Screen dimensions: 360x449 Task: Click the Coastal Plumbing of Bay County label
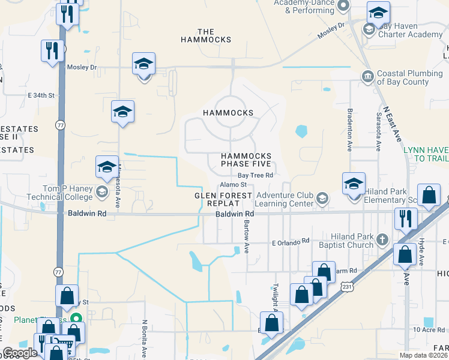click(411, 77)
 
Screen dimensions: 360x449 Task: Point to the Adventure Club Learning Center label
click(285, 199)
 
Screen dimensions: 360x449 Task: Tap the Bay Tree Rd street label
click(255, 175)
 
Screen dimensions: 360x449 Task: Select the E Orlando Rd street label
click(290, 241)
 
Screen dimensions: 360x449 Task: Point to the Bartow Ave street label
click(247, 240)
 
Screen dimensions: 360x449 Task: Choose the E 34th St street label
click(41, 95)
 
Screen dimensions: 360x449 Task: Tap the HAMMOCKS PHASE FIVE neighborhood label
click(246, 160)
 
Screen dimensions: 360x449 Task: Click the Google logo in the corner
click(20, 353)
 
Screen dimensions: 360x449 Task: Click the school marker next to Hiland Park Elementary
click(354, 183)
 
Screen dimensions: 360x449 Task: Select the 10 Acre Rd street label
click(428, 329)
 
